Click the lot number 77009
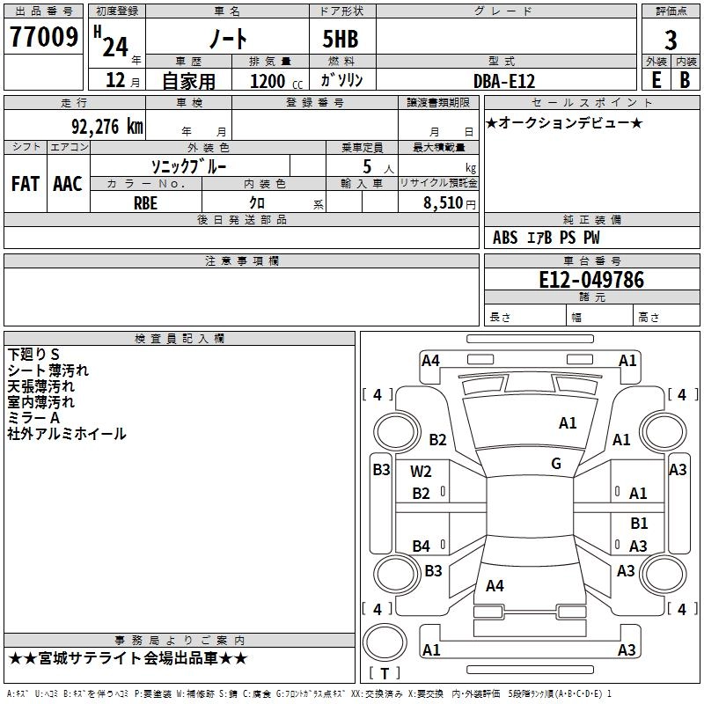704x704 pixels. [x=43, y=38]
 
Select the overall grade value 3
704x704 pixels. [x=671, y=40]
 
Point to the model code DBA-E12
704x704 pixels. [x=504, y=80]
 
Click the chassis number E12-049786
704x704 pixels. [x=590, y=281]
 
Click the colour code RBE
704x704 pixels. [x=146, y=202]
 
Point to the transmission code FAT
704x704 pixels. [x=25, y=183]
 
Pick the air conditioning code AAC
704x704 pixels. [x=68, y=183]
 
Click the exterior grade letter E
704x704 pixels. [x=656, y=80]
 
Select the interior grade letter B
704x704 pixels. [x=685, y=80]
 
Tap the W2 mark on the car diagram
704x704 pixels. [x=422, y=472]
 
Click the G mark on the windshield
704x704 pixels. [x=556, y=463]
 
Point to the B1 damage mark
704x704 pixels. [x=639, y=524]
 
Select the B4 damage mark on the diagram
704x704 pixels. [x=422, y=546]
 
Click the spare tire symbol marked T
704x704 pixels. [x=385, y=674]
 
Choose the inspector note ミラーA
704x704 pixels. [x=34, y=418]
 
